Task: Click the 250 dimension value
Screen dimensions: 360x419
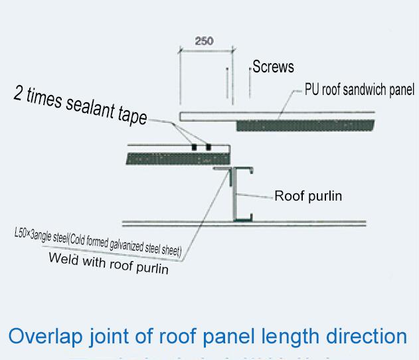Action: pos(204,41)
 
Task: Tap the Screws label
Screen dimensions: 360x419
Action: pos(273,67)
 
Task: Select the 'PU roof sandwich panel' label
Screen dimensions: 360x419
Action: pos(359,90)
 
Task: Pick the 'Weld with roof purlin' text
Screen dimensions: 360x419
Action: pos(108,264)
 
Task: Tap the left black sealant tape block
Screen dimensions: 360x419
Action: pos(195,146)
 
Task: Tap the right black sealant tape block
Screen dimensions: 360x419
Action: pos(209,146)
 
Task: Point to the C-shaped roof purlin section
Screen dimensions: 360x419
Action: pos(238,195)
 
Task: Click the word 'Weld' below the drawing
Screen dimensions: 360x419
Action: pos(63,259)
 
